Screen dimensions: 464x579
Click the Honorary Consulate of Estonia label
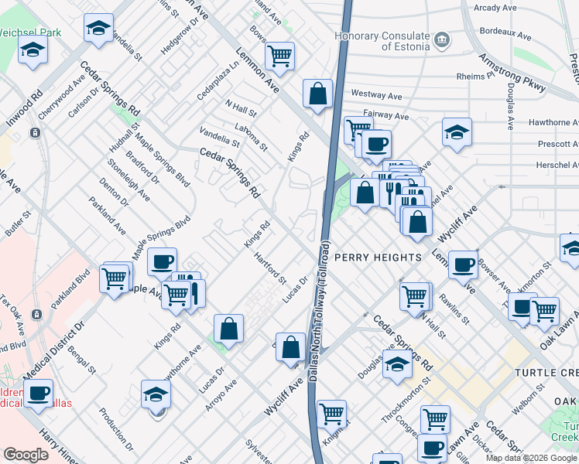tap(382, 42)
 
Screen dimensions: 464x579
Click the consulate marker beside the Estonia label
tap(441, 38)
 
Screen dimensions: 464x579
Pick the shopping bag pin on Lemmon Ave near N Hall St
tap(317, 94)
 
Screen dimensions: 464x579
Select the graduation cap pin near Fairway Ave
tap(457, 131)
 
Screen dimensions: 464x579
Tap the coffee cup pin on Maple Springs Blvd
tap(162, 262)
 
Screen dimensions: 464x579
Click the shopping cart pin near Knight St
tap(332, 414)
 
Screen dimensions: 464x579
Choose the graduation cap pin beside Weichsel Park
tap(33, 51)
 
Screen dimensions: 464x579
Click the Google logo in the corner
tap(26, 455)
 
